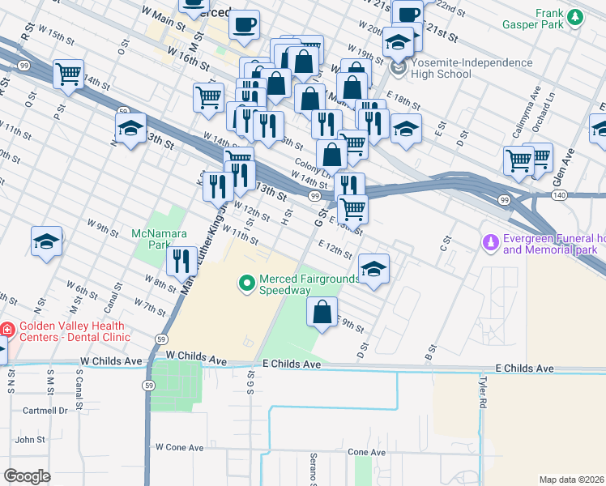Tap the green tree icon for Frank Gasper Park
[575, 17]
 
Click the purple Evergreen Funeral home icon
[489, 242]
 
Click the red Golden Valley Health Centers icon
[7, 330]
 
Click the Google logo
[27, 475]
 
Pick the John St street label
[30, 440]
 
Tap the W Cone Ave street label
[179, 447]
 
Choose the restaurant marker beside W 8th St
[181, 260]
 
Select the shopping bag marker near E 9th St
[322, 310]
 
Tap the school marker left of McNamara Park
[47, 241]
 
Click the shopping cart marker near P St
[69, 73]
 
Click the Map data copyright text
[572, 480]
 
